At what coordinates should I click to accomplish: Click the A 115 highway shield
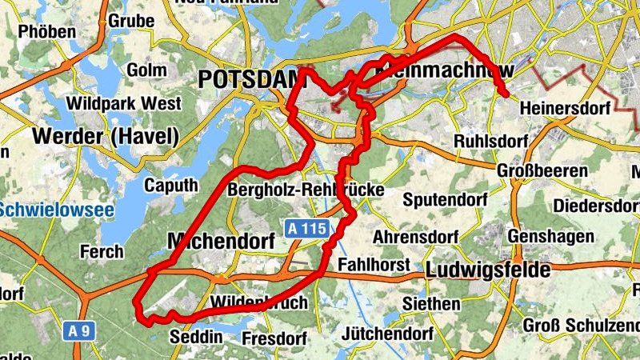307,229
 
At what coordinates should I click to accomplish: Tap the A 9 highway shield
77,330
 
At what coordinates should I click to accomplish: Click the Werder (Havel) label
106,136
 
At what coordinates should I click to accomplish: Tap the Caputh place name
170,186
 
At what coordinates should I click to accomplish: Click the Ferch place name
102,252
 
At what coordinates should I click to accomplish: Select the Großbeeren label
542,171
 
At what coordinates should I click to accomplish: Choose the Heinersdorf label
565,107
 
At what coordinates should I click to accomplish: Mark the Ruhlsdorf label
491,142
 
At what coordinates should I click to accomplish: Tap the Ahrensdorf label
415,238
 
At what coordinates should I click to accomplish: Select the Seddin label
196,337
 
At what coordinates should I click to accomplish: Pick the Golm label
146,70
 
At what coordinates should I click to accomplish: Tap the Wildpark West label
124,103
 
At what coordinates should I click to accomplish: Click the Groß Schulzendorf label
581,326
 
